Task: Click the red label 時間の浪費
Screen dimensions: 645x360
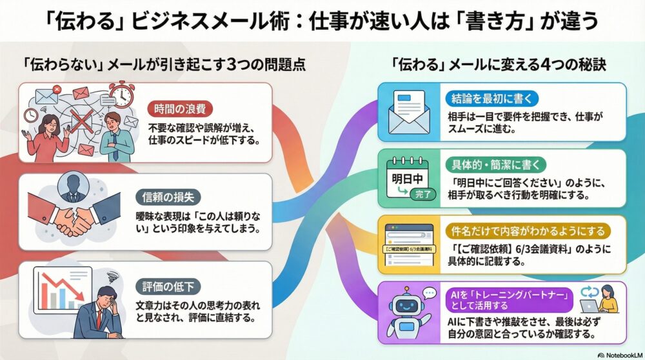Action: point(179,109)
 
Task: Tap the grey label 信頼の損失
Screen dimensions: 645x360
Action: point(168,197)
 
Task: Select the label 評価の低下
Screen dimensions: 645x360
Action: point(168,286)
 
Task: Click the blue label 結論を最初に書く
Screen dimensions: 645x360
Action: point(491,99)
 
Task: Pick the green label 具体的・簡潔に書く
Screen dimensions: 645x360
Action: point(495,165)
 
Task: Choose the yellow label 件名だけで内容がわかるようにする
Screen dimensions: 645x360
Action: point(528,231)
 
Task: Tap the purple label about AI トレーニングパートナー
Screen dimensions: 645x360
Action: point(510,300)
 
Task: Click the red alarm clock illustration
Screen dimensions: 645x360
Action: point(122,94)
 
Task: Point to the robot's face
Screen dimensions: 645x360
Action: point(406,306)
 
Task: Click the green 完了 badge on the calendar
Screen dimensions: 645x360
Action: point(423,194)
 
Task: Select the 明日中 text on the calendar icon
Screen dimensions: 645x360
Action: point(407,179)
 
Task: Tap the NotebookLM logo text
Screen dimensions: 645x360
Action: point(620,355)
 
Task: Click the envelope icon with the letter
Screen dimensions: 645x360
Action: point(409,112)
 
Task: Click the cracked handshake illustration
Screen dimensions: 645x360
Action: point(74,214)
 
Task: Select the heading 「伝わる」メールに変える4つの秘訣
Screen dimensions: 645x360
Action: point(499,65)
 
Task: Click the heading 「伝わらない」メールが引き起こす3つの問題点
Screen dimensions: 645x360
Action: point(164,65)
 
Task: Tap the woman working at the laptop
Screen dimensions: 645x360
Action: point(608,298)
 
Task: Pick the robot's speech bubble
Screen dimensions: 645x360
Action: point(429,294)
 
